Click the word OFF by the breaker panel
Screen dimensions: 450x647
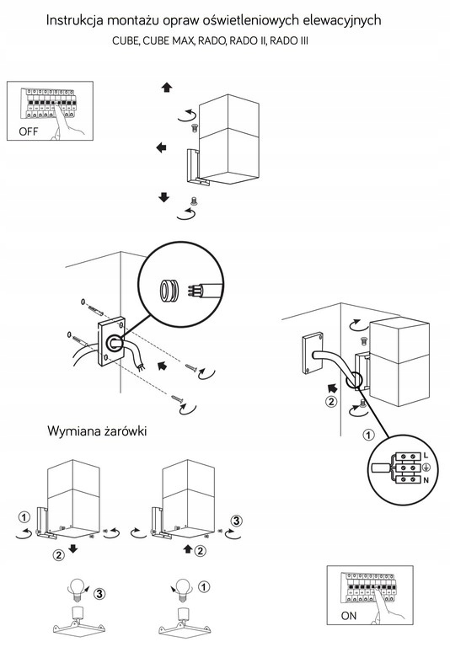pyautogui.click(x=28, y=131)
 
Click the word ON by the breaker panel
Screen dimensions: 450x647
pyautogui.click(x=348, y=616)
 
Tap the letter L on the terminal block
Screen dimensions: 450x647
pyautogui.click(x=426, y=456)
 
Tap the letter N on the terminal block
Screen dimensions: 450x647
pyautogui.click(x=426, y=480)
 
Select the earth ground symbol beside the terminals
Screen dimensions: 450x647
pyautogui.click(x=426, y=468)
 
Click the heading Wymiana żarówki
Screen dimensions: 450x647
pyautogui.click(x=97, y=431)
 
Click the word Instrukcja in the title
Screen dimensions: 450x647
pyautogui.click(x=74, y=20)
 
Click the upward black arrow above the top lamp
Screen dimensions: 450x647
pyautogui.click(x=167, y=87)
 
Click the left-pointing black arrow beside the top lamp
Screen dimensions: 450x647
pyautogui.click(x=161, y=147)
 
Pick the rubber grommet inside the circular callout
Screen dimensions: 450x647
pyautogui.click(x=169, y=291)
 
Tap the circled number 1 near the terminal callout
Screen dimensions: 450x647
pyautogui.click(x=368, y=435)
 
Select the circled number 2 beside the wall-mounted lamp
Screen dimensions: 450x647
pyautogui.click(x=331, y=401)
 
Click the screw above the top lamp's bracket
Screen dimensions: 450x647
pyautogui.click(x=196, y=127)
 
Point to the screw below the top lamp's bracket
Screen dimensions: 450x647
pyautogui.click(x=193, y=201)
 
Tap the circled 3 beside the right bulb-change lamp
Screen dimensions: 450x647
pyautogui.click(x=236, y=521)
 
